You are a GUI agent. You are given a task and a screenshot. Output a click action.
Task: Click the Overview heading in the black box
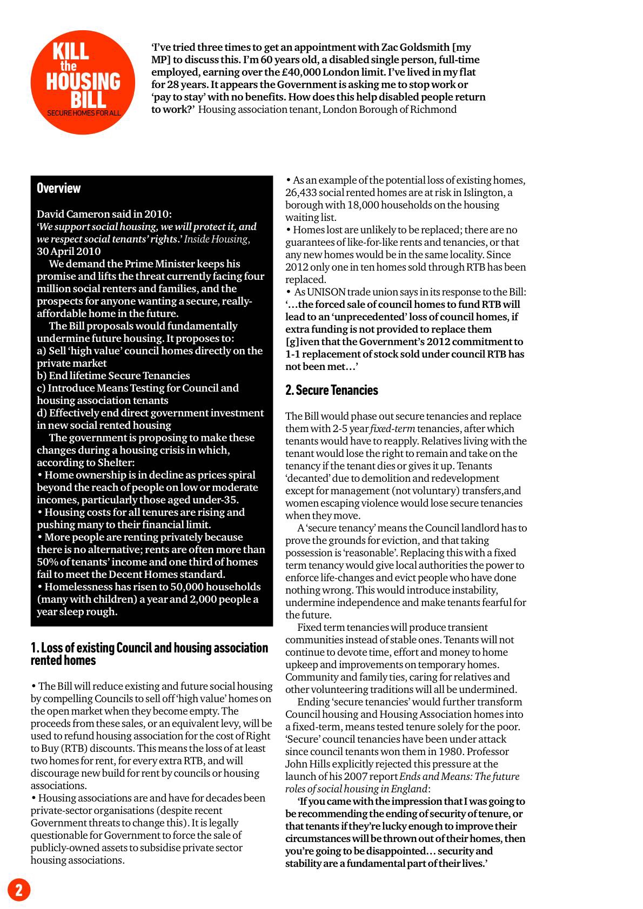[x=58, y=188]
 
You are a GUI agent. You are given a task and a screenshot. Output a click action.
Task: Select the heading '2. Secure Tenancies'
[x=331, y=390]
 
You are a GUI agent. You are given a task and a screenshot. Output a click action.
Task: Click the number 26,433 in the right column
[x=301, y=193]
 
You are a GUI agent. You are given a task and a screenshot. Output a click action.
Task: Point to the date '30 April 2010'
[x=69, y=251]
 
